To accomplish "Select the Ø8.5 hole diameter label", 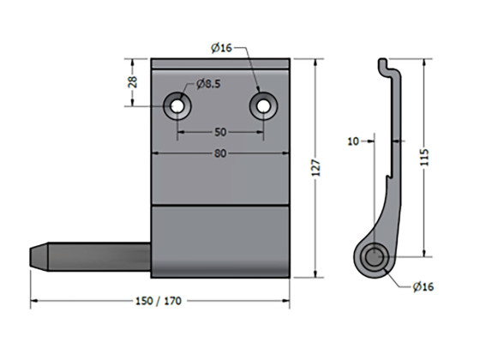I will point(209,83).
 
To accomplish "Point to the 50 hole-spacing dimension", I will point(220,132).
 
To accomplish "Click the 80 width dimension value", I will point(220,154).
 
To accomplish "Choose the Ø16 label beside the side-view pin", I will point(423,286).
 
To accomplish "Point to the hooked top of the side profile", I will point(385,66).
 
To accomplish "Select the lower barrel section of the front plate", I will point(221,242).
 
